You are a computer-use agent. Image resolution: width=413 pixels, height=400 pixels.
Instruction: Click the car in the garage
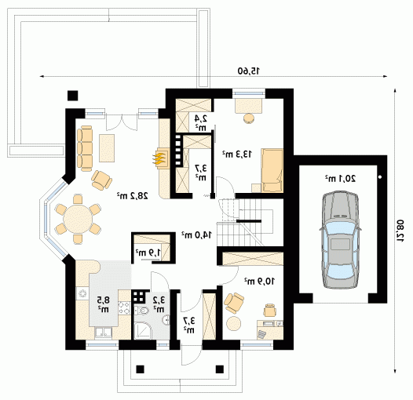coord(340,240)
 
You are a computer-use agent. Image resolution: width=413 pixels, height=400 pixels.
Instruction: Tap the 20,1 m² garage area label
coord(340,179)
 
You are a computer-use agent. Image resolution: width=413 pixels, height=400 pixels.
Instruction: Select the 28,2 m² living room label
coord(132,195)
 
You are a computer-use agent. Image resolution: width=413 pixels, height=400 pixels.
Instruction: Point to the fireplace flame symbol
coord(159,159)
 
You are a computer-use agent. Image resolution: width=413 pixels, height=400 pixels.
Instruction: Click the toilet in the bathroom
coord(141,311)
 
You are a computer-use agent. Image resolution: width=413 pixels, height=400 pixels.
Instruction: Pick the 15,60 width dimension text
coord(249,71)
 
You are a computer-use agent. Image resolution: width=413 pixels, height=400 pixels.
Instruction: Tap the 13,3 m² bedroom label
coord(237,154)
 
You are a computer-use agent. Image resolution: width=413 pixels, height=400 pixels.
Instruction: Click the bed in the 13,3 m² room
coord(272,170)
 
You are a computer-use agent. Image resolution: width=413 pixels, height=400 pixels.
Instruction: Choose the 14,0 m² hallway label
coord(196,235)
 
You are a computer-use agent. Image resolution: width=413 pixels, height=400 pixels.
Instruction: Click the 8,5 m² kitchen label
coord(103,304)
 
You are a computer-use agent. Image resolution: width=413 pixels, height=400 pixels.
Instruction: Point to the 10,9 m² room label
coord(259,282)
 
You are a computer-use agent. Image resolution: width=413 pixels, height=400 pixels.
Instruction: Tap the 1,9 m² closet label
coord(148,253)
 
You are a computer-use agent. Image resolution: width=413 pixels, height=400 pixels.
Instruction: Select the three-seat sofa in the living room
coord(85,148)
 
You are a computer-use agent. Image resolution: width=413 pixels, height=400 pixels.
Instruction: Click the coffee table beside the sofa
coord(107,148)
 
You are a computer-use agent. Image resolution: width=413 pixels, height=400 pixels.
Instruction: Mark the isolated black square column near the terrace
coord(73,96)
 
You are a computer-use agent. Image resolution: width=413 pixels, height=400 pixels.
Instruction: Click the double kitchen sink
coord(104,333)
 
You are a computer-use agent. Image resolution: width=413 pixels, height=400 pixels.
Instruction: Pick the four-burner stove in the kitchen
coord(124,308)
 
